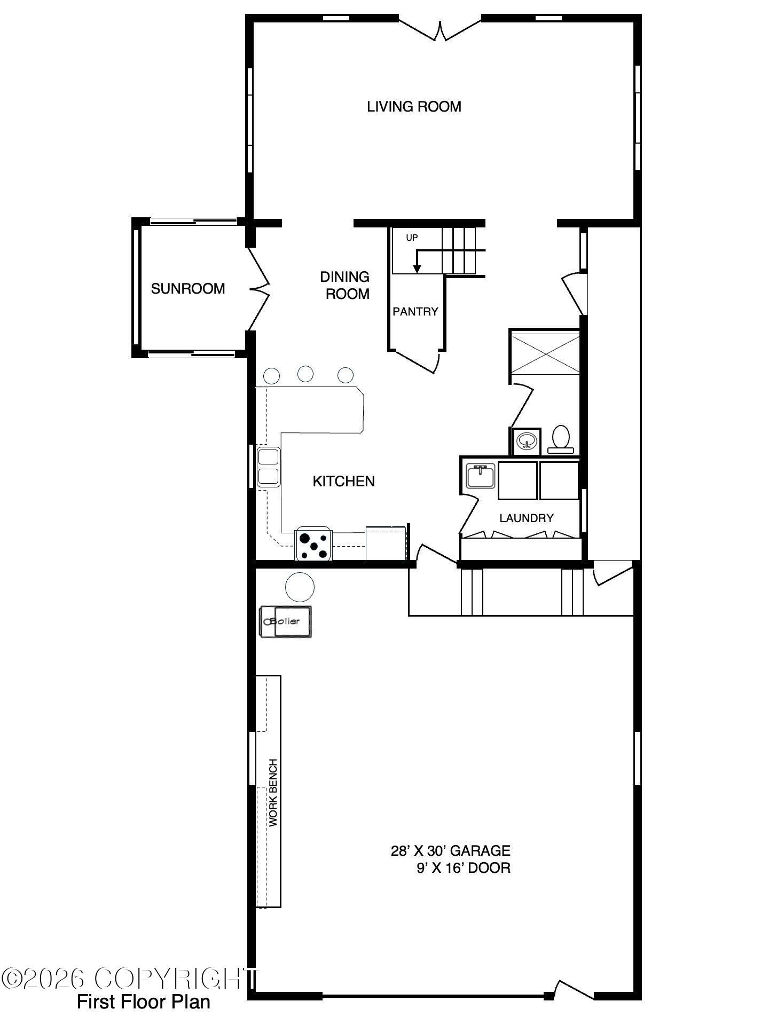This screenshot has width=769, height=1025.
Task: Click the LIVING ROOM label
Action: click(414, 106)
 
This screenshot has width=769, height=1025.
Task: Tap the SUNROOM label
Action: click(188, 288)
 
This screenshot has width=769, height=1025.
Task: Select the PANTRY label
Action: click(415, 311)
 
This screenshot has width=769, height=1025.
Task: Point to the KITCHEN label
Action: click(343, 481)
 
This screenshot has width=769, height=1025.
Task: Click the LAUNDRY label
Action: click(527, 518)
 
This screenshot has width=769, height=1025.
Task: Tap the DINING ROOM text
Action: click(345, 285)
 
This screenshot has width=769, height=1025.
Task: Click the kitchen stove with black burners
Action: click(313, 543)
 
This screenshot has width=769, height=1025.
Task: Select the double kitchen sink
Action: click(268, 467)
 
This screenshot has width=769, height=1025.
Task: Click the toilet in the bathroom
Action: click(561, 439)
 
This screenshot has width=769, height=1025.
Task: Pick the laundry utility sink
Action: click(481, 476)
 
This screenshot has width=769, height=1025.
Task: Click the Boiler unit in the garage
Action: click(285, 621)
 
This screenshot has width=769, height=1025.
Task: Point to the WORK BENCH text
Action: click(273, 793)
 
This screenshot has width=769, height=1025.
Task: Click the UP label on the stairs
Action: click(412, 238)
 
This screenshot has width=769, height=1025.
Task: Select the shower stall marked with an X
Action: click(545, 352)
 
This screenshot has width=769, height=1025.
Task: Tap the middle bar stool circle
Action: click(305, 374)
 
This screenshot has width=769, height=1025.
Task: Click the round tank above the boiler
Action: click(300, 587)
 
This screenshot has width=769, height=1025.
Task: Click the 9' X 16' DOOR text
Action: click(464, 868)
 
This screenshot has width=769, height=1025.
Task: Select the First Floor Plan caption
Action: click(144, 1002)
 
